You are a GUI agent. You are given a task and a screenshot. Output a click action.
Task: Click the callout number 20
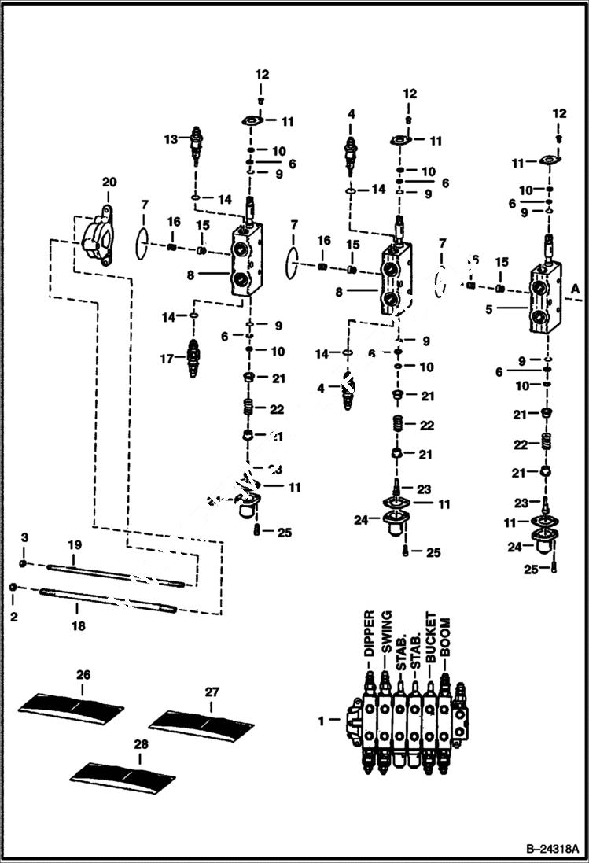pyautogui.click(x=109, y=182)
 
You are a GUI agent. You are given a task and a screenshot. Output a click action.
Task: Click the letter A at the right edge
pyautogui.click(x=575, y=290)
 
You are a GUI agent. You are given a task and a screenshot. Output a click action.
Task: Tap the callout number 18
pyautogui.click(x=77, y=626)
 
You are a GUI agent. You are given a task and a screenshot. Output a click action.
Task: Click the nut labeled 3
pyautogui.click(x=24, y=564)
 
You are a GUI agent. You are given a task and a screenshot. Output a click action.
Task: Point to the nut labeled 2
pyautogui.click(x=13, y=588)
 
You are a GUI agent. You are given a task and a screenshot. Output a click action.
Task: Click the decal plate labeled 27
pyautogui.click(x=201, y=721)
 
